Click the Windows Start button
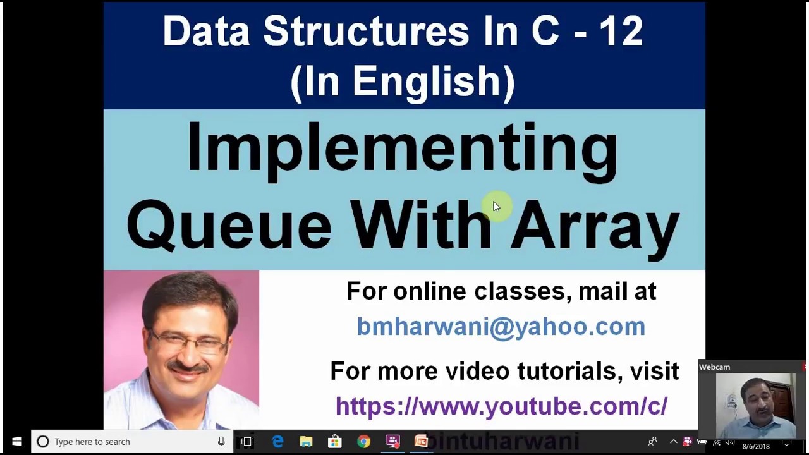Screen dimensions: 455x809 click(16, 442)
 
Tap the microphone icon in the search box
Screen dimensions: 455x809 click(221, 442)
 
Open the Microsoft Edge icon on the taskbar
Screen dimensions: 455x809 click(277, 442)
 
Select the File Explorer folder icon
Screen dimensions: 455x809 click(306, 442)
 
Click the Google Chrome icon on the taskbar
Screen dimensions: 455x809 click(363, 442)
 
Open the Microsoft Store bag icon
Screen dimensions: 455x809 click(334, 442)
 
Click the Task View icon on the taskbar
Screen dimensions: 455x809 click(248, 442)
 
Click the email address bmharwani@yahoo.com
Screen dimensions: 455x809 click(501, 326)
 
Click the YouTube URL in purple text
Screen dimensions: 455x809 click(501, 406)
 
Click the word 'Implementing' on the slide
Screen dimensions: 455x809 click(402, 149)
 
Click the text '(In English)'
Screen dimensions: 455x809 click(403, 82)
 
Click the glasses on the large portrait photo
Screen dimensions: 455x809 click(188, 342)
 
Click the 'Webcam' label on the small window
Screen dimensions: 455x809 click(714, 367)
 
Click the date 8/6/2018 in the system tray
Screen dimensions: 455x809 click(756, 446)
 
